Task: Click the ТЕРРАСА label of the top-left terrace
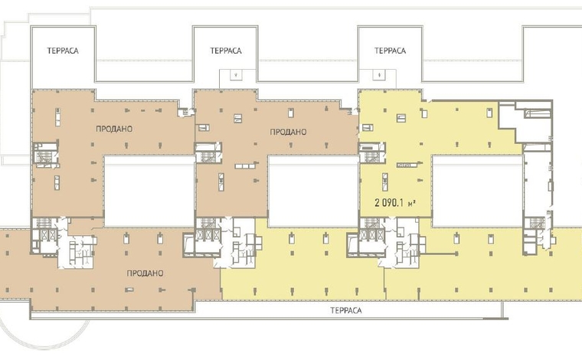pos(63,51)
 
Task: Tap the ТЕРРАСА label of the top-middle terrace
pos(226,51)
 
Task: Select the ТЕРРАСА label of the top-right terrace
pos(390,51)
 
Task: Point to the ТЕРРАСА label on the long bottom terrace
pos(345,310)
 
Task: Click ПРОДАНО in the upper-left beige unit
pos(114,129)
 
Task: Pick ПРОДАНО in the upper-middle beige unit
pos(288,132)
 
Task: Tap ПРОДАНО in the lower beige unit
pos(145,273)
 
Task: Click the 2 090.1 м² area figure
pos(394,203)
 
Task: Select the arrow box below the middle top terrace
pos(237,74)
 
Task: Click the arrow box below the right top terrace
pos(379,74)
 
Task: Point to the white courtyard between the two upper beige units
pos(149,191)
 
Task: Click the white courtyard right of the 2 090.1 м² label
pos(478,191)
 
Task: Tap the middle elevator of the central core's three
pos(208,235)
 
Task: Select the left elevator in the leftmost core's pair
pos(44,235)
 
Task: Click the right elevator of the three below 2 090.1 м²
pos(378,235)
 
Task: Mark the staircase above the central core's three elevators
pos(208,223)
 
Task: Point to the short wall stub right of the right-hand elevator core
pos(441,254)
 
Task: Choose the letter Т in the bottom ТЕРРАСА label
pos(332,310)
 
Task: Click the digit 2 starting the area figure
pos(377,203)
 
